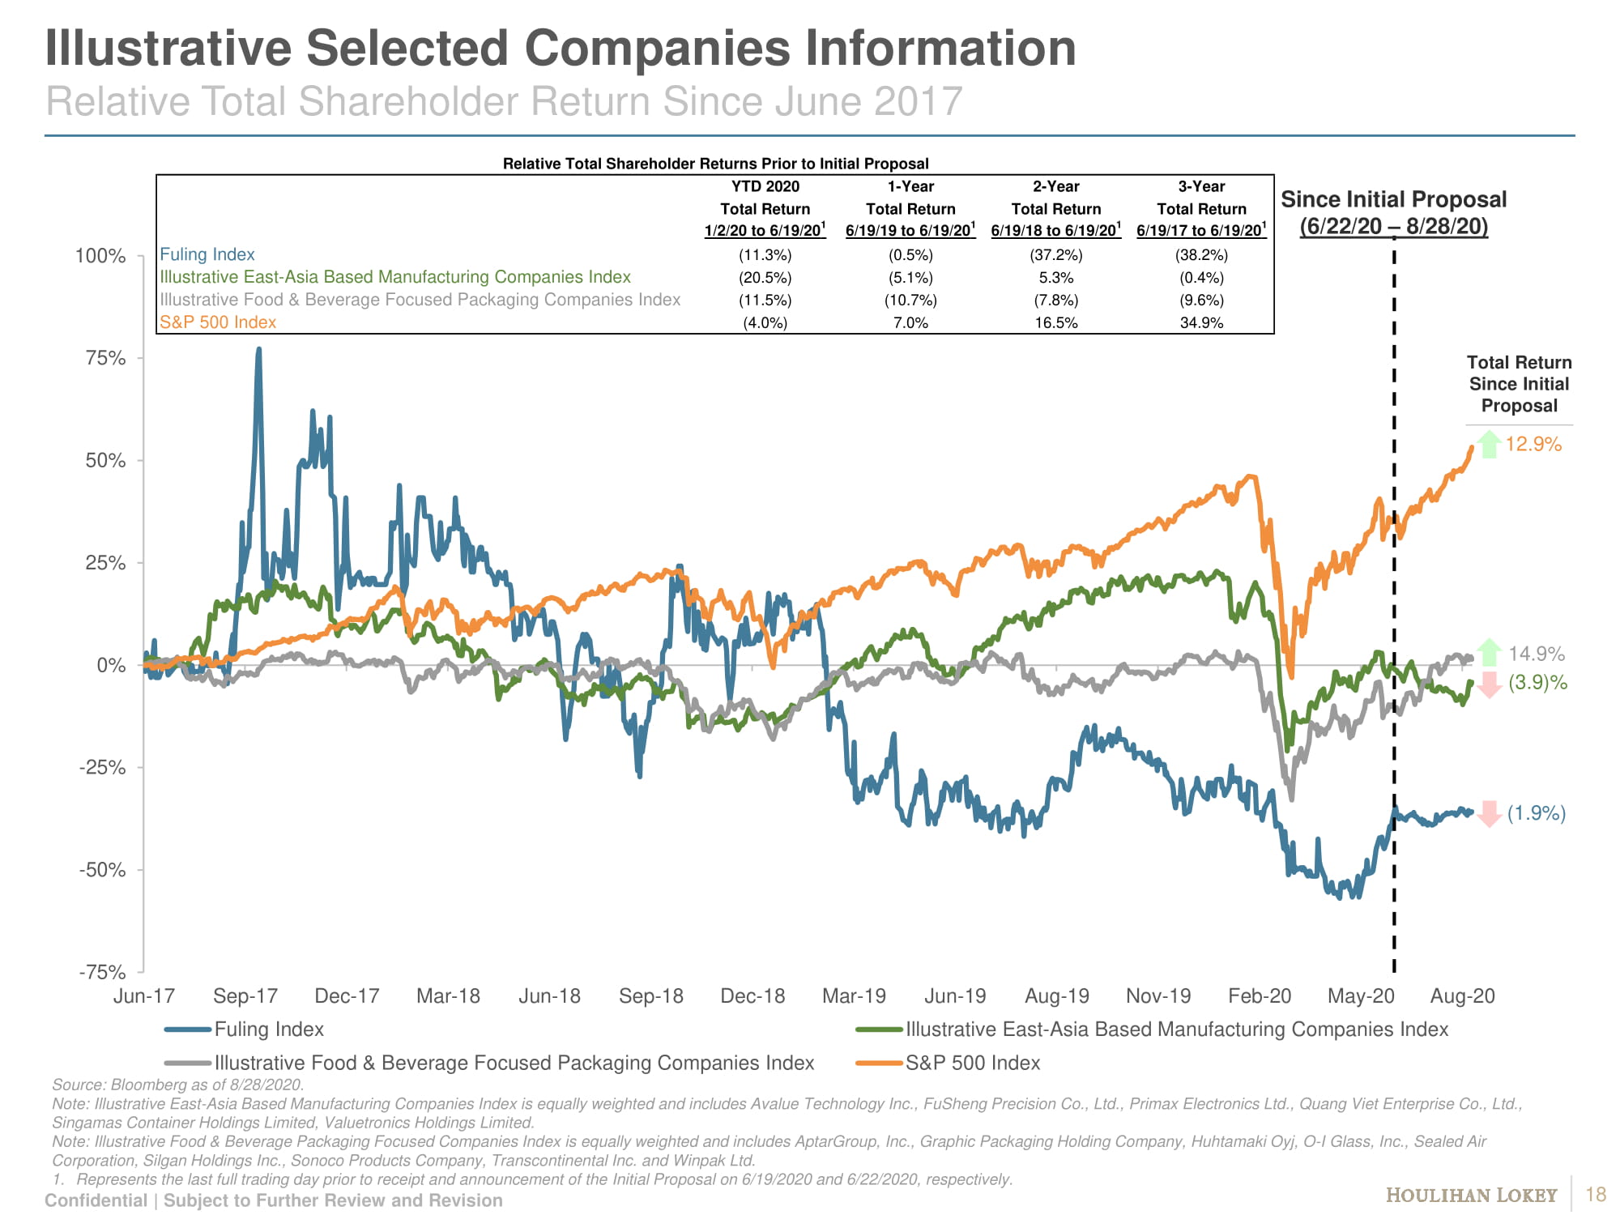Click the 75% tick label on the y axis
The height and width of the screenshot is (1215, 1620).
click(x=105, y=358)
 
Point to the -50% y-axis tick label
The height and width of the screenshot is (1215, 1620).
click(x=102, y=870)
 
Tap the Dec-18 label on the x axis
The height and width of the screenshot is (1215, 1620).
click(x=752, y=995)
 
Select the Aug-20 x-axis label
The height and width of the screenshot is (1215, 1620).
click(x=1462, y=995)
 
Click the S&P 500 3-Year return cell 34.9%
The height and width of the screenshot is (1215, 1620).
click(x=1201, y=322)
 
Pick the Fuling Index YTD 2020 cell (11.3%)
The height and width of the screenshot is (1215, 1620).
click(x=765, y=254)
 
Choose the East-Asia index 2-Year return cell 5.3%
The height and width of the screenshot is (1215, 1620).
click(x=1055, y=277)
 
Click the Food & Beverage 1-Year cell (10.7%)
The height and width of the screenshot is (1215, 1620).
click(x=910, y=300)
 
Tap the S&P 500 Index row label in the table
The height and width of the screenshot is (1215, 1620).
click(x=218, y=322)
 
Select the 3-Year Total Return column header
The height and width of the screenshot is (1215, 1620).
click(x=1201, y=208)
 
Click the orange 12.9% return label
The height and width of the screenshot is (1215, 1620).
click(x=1533, y=444)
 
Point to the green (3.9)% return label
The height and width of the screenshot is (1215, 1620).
click(x=1537, y=683)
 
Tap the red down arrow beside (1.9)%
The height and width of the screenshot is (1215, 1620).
click(x=1489, y=814)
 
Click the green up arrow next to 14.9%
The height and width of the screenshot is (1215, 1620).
click(x=1489, y=652)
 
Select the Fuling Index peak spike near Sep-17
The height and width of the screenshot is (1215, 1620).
click(x=258, y=350)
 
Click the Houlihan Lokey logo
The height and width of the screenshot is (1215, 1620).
click(x=1471, y=1195)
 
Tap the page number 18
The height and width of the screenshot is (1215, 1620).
click(x=1595, y=1195)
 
